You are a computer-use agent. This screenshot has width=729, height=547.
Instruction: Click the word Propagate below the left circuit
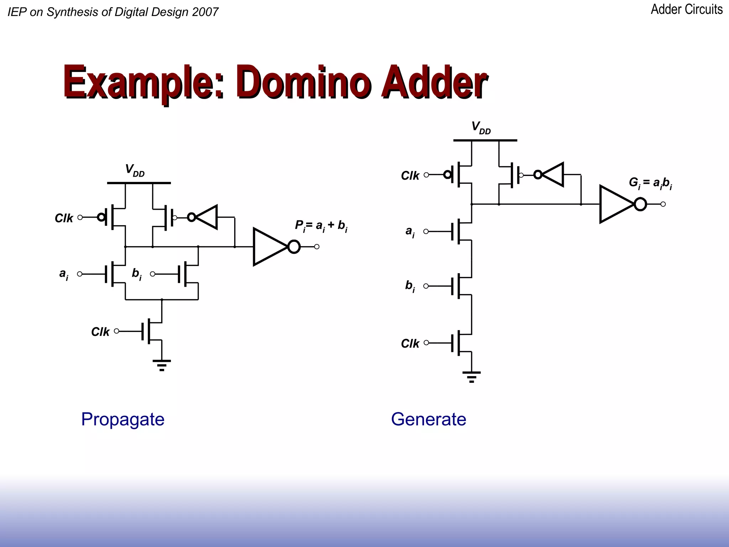(122, 419)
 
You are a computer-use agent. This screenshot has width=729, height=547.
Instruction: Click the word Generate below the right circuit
(428, 419)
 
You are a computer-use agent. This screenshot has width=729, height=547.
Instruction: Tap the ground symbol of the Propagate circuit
(162, 365)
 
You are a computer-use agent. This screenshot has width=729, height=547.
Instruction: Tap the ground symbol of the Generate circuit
(471, 376)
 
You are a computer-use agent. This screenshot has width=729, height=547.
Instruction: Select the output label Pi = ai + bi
(321, 226)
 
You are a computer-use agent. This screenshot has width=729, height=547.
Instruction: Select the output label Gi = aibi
(650, 183)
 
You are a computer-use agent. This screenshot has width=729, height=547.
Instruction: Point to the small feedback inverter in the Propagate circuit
(204, 217)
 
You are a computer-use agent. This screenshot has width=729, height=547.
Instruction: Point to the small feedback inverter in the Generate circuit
(551, 174)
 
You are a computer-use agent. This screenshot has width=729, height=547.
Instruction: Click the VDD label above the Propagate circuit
(135, 170)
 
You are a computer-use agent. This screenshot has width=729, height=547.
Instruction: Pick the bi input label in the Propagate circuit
(137, 274)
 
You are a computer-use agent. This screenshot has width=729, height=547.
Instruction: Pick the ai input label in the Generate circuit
(410, 232)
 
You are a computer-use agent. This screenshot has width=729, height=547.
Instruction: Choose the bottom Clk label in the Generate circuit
(410, 343)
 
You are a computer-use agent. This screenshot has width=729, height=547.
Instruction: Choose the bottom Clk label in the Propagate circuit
(100, 332)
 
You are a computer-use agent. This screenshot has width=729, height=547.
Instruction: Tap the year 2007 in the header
(205, 12)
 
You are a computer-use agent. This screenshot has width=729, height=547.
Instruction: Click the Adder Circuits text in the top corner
(686, 9)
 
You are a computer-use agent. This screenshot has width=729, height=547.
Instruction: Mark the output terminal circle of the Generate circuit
(663, 204)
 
